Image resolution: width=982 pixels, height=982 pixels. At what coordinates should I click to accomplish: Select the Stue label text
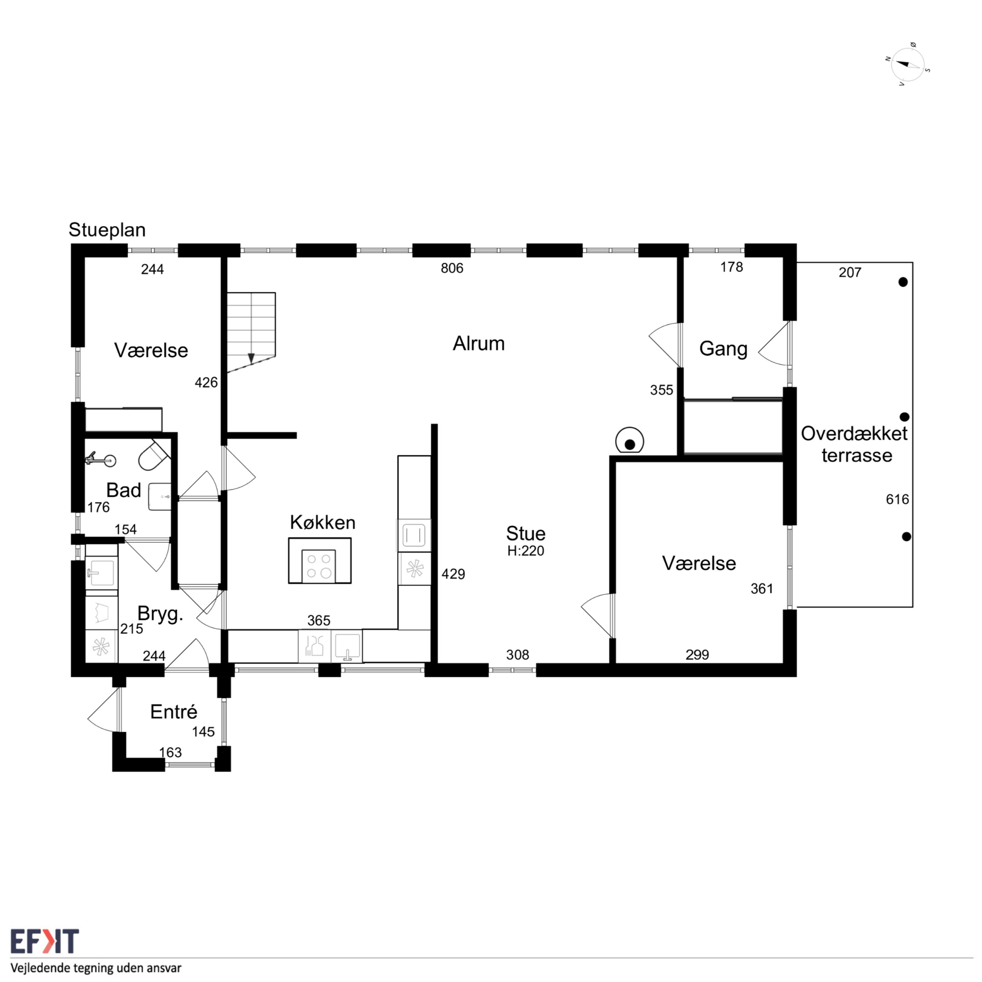(526, 533)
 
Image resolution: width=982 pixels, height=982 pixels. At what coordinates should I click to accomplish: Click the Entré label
(173, 712)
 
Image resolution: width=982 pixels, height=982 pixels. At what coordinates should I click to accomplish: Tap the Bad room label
(124, 490)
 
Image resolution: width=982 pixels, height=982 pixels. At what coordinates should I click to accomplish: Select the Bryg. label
(160, 614)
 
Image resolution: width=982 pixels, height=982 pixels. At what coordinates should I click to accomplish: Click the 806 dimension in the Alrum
(452, 269)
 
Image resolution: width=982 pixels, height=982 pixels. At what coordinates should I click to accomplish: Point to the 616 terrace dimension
(897, 499)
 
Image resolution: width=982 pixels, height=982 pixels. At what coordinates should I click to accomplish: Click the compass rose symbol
(908, 65)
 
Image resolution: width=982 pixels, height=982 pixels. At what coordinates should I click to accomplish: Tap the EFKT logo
(45, 941)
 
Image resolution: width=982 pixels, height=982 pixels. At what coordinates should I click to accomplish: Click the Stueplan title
(107, 230)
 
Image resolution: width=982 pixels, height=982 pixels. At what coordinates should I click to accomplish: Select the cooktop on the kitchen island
(319, 566)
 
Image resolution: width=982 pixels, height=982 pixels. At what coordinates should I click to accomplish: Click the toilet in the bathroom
(153, 456)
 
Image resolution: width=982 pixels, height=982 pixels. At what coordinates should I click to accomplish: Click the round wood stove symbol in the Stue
(629, 441)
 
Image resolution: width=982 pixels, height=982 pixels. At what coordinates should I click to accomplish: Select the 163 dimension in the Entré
(170, 752)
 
